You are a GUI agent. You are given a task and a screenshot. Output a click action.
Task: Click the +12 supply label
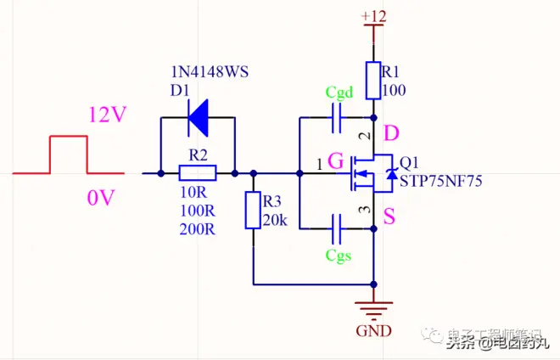coord(372,17)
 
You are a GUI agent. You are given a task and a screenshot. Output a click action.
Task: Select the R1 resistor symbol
coord(372,80)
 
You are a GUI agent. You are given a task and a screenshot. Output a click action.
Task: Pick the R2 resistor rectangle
coord(198,173)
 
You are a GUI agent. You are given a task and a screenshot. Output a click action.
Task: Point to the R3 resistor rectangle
coord(253,210)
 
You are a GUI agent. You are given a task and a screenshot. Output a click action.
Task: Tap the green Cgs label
coord(339,254)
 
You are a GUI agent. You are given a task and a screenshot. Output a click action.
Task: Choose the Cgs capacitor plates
coord(337,228)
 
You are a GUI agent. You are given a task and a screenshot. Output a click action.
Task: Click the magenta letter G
coord(334,160)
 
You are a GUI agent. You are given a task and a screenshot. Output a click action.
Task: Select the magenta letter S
coord(389,217)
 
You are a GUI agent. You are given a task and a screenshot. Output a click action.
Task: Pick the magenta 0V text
coord(100,199)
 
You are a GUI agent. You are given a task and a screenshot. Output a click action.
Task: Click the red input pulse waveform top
coord(69,137)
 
